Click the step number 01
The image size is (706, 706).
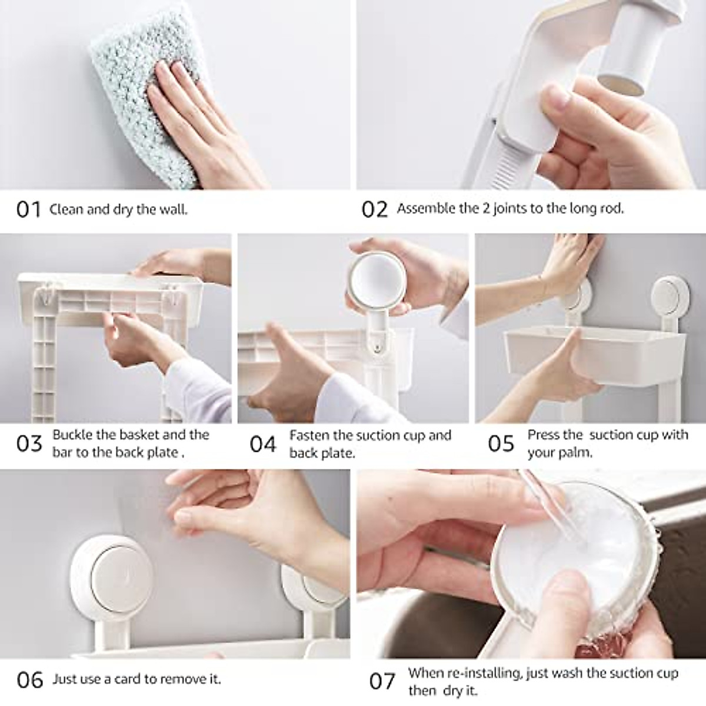pyautogui.click(x=28, y=209)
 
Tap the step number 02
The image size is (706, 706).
pyautogui.click(x=375, y=209)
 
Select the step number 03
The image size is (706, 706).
pyautogui.click(x=29, y=444)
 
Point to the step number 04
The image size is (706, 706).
pyautogui.click(x=263, y=444)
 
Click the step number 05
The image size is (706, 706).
pyautogui.click(x=501, y=444)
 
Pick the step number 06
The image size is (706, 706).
pyautogui.click(x=30, y=680)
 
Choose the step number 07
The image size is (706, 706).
pyautogui.click(x=382, y=681)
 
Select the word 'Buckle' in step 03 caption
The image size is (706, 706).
pyautogui.click(x=72, y=435)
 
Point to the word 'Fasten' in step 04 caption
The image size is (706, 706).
pyautogui.click(x=309, y=435)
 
